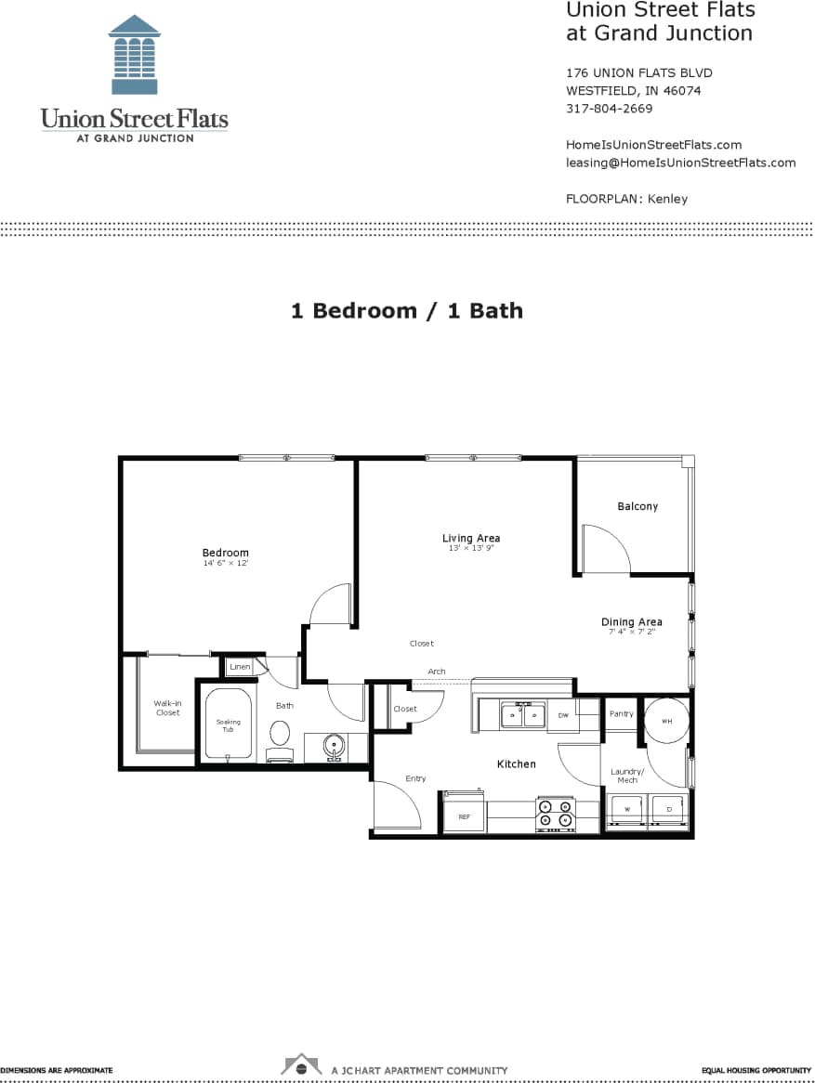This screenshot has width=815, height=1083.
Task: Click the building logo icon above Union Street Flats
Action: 134,55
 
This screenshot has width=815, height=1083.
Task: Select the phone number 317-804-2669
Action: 609,109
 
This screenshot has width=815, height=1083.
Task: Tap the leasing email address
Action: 680,163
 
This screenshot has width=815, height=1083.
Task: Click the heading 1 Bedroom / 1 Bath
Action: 407,311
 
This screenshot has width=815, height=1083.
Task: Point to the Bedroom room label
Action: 226,553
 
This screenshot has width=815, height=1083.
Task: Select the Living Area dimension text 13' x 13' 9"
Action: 470,549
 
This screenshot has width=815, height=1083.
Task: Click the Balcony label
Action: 638,506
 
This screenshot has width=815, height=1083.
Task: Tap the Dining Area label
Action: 631,622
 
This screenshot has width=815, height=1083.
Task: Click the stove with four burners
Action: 556,814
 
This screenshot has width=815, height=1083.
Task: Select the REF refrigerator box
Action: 464,816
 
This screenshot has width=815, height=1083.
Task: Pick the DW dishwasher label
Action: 563,715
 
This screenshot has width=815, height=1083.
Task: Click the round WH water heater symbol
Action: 666,721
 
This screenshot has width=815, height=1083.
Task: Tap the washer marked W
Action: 626,810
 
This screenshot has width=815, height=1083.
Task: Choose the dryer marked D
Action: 668,810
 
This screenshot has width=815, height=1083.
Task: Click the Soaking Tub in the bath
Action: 229,724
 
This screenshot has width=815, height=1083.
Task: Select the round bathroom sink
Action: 334,745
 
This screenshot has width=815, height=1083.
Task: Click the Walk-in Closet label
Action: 167,708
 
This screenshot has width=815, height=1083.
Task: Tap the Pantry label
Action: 621,714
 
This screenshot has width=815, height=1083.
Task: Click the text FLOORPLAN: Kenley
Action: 626,199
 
